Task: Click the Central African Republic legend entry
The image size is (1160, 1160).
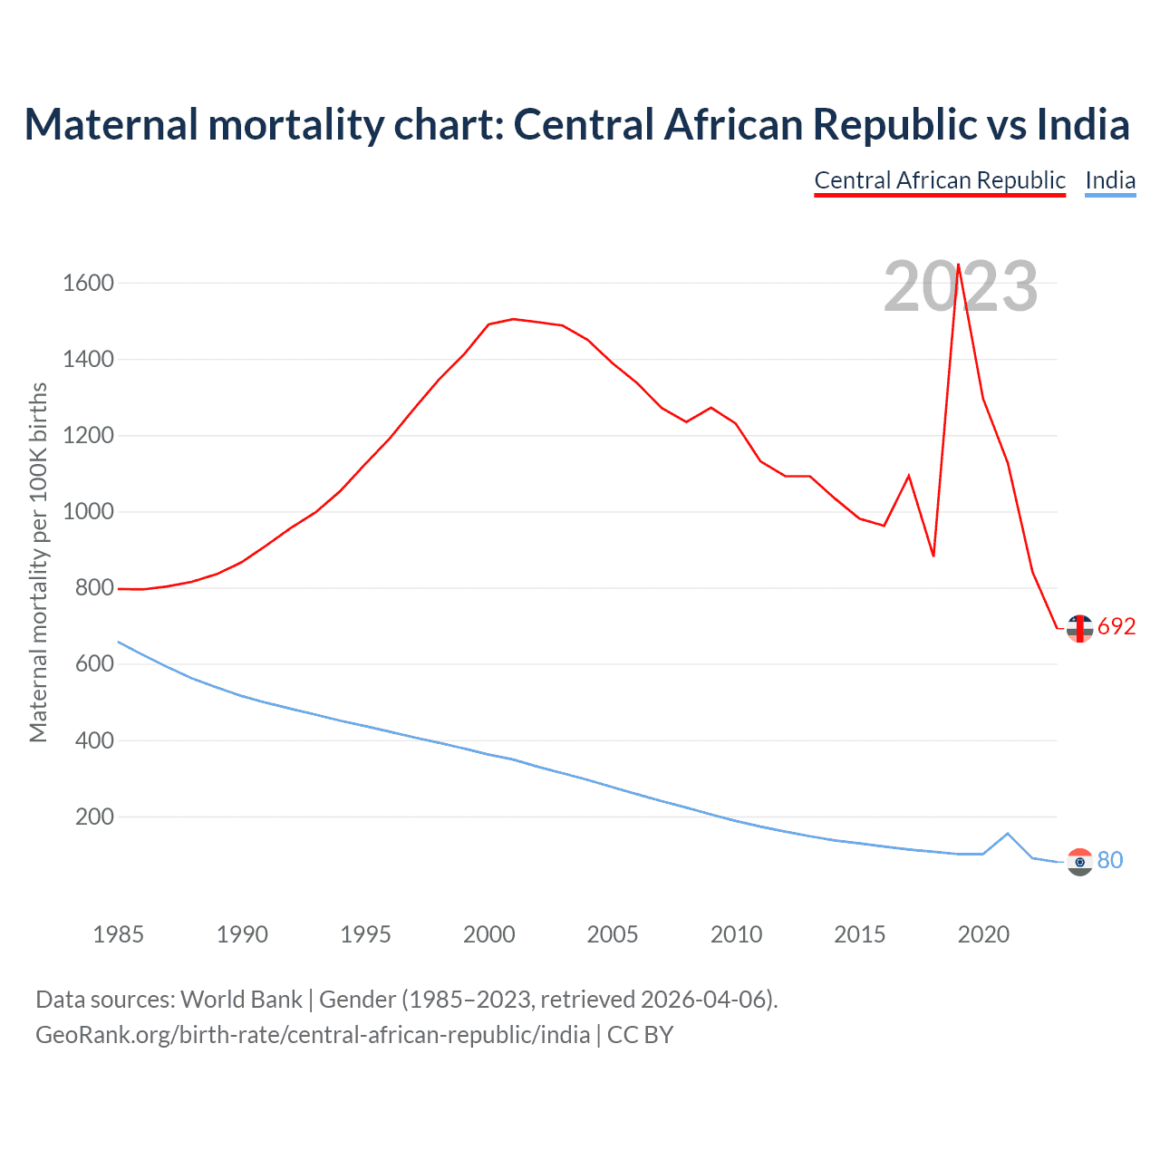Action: pyautogui.click(x=940, y=180)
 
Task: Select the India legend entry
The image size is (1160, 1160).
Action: pyautogui.click(x=1110, y=180)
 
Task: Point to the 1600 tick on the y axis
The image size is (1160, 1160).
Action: pyautogui.click(x=88, y=284)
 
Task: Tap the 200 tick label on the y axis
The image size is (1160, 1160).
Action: pyautogui.click(x=94, y=817)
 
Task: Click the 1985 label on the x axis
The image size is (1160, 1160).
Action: pyautogui.click(x=119, y=934)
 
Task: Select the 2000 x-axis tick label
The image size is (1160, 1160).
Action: pyautogui.click(x=489, y=934)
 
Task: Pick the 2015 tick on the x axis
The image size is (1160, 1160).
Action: pyautogui.click(x=860, y=934)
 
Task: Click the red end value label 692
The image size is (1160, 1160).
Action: pyautogui.click(x=1116, y=627)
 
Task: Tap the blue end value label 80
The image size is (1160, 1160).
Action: pyautogui.click(x=1110, y=860)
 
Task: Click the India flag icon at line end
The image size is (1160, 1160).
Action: pyautogui.click(x=1079, y=862)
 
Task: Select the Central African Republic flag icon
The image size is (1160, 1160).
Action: pyautogui.click(x=1079, y=628)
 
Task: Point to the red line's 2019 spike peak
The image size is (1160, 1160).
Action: pyautogui.click(x=958, y=265)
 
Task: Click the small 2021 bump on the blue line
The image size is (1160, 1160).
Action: pyautogui.click(x=1008, y=834)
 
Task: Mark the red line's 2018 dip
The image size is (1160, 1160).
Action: pyautogui.click(x=933, y=556)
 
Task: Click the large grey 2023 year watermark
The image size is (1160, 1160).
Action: pyautogui.click(x=961, y=286)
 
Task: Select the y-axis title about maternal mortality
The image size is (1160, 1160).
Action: pyautogui.click(x=38, y=562)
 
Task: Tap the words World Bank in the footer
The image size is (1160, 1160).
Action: pyautogui.click(x=241, y=1000)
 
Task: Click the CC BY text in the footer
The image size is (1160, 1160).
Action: pyautogui.click(x=640, y=1035)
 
